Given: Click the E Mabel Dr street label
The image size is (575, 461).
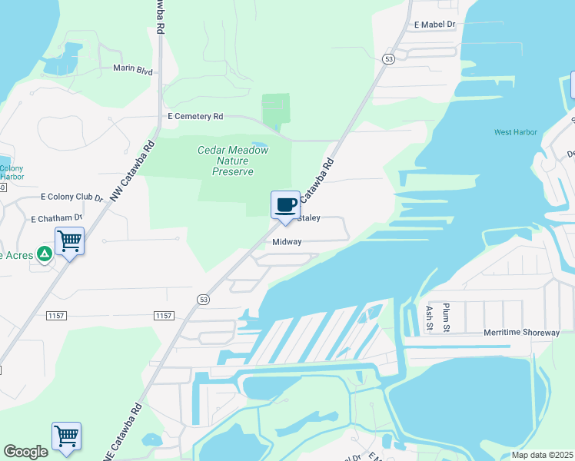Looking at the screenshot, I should (434, 25).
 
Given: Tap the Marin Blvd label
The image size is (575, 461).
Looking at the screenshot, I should (133, 70).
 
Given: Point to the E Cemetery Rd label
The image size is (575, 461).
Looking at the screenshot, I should (195, 116).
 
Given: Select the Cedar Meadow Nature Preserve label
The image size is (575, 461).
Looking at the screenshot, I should (233, 161).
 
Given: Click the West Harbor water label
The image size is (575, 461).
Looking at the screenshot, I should (515, 132).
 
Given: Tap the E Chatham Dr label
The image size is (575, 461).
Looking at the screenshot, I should (57, 219).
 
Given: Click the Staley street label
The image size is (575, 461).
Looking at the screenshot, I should (308, 218).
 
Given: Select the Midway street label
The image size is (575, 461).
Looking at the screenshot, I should (287, 242).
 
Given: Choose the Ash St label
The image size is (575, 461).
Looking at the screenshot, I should (429, 316).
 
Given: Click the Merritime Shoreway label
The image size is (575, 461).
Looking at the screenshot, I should (521, 333).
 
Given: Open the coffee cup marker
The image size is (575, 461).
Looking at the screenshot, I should (286, 205).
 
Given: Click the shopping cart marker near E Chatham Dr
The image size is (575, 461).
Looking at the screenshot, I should (69, 241).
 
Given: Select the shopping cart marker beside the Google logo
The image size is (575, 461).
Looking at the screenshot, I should (67, 436).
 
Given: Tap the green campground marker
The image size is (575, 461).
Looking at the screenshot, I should (45, 253).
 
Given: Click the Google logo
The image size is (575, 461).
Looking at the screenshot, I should (25, 452).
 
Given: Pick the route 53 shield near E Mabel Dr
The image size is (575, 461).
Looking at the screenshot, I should (389, 58).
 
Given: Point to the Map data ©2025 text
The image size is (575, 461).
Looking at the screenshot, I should (542, 455).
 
